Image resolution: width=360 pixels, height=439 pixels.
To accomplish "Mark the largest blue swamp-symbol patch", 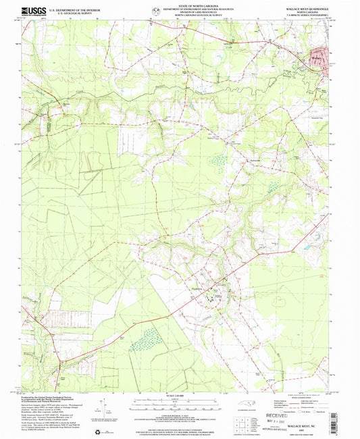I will [x=144, y=342].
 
